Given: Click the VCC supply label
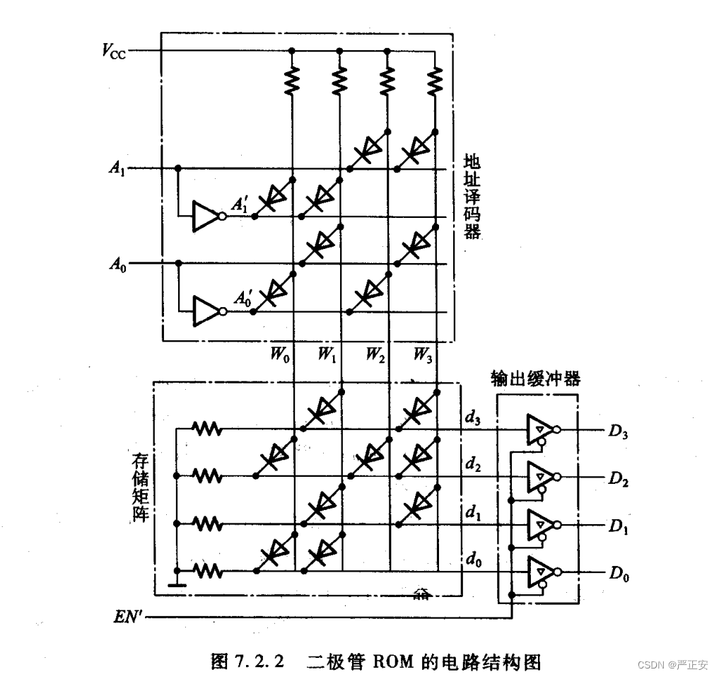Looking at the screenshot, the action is click(x=114, y=50).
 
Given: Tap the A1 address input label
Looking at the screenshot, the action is click(x=117, y=169).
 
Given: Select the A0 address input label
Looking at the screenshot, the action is click(x=117, y=265).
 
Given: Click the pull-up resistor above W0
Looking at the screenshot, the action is click(x=291, y=79).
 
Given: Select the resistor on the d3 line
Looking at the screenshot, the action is click(x=207, y=429).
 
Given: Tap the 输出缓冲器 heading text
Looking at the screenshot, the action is click(x=535, y=378).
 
